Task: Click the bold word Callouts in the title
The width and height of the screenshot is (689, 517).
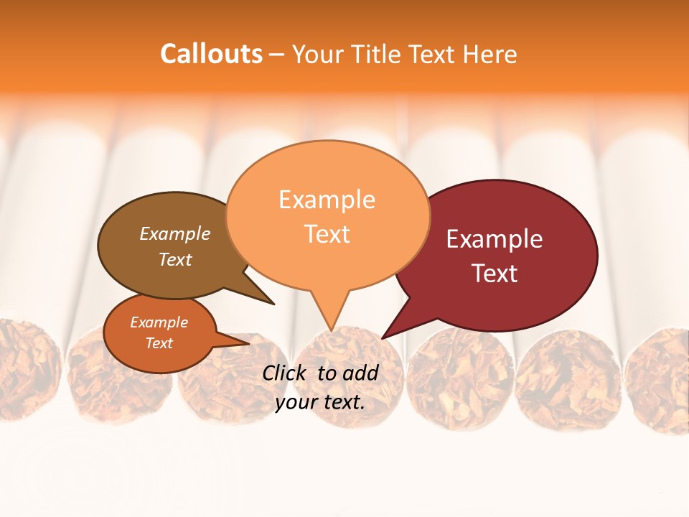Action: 211,55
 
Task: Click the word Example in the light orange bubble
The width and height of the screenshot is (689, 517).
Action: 327,200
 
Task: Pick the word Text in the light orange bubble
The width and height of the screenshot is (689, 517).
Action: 327,234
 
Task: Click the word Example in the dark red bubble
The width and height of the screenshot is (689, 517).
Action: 495,239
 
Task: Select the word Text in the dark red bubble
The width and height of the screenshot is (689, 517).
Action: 495,274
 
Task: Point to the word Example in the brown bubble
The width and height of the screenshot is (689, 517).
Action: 174,234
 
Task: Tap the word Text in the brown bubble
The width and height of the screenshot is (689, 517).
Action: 174,260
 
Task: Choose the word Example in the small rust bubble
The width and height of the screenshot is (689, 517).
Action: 159,322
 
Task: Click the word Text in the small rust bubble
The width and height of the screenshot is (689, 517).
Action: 159,343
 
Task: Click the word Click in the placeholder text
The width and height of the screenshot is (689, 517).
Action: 286,373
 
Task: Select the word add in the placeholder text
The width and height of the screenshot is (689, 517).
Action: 361,373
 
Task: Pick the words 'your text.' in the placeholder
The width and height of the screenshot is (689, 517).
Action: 320,402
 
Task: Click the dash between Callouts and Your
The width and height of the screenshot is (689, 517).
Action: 277,55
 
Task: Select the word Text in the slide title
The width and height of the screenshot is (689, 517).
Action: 433,55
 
